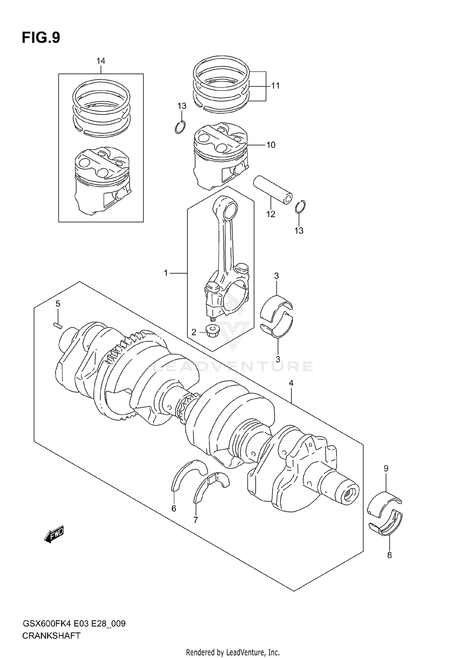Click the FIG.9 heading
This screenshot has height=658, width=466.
tap(41, 38)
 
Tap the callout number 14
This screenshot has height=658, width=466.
tap(101, 61)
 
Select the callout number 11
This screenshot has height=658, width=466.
tap(275, 86)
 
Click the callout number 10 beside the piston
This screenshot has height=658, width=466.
tap(271, 145)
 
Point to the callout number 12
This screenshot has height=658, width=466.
tap(271, 214)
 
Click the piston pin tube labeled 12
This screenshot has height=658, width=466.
tap(273, 190)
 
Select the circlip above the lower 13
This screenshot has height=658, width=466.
tap(300, 207)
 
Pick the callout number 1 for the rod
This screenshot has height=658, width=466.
tap(166, 273)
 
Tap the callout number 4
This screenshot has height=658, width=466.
tap(291, 383)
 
